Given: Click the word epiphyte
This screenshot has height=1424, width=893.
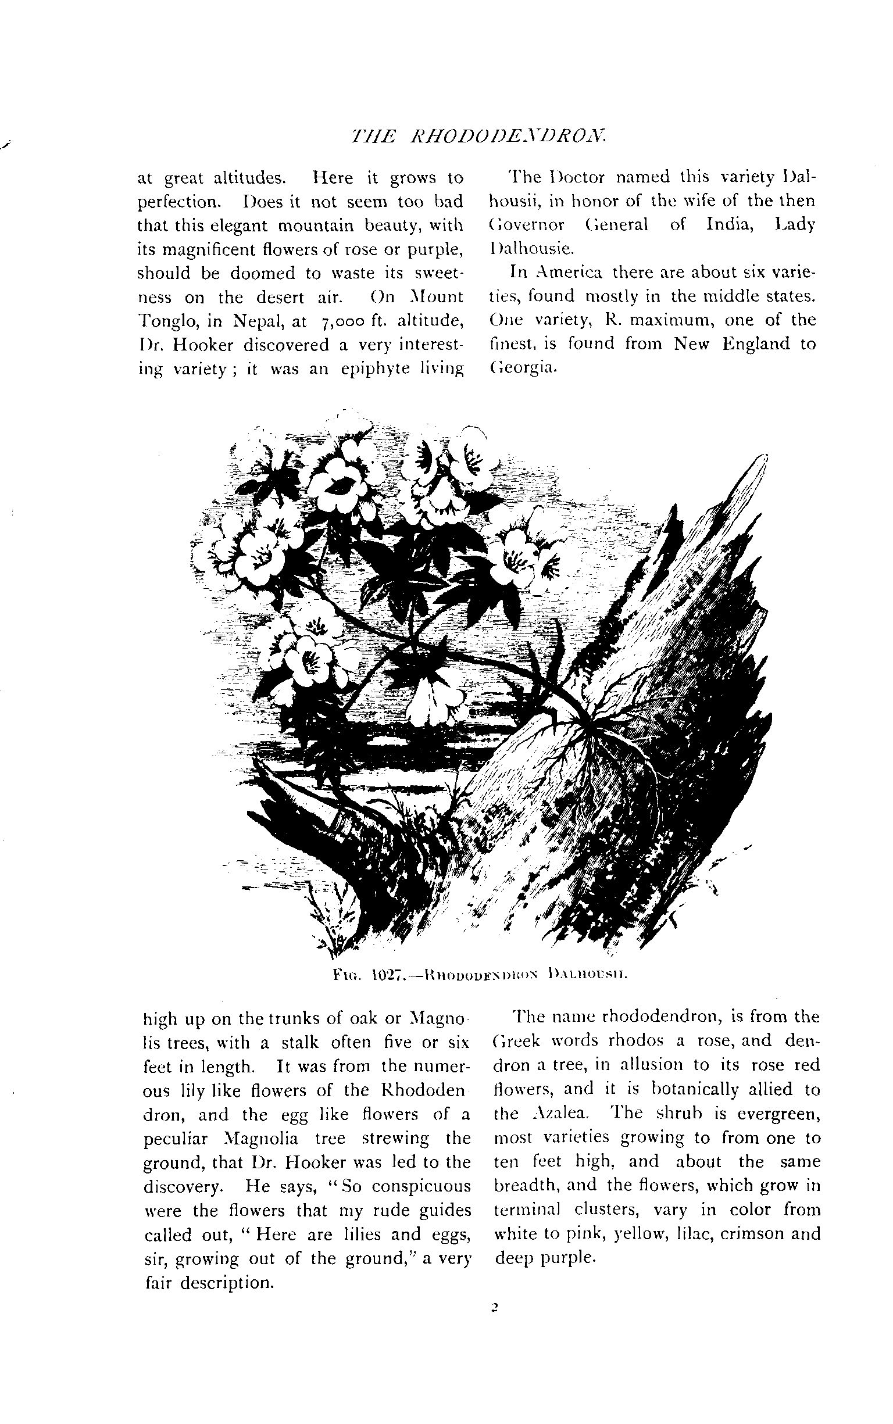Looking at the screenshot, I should point(373,370).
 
